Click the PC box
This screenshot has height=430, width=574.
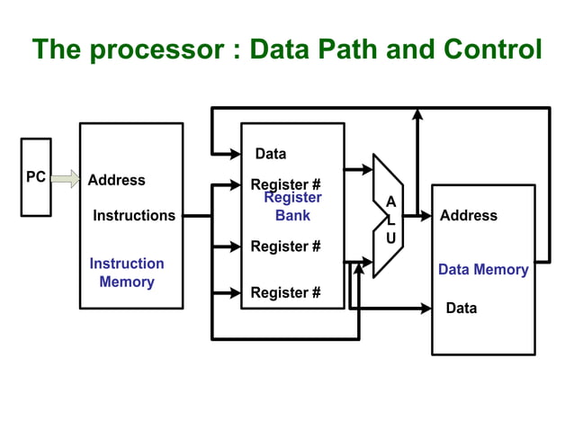coord(36,177)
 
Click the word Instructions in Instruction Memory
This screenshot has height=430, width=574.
coord(134,216)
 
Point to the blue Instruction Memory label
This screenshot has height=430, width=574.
coord(127,273)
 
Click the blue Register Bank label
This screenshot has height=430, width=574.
coord(292,207)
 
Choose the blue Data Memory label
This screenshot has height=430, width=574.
coord(483,270)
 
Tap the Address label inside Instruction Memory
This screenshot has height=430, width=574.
coord(116,180)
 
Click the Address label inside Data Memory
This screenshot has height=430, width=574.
coord(468,216)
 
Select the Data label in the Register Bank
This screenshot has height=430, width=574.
coord(271,154)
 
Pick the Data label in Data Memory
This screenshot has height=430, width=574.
coord(462,309)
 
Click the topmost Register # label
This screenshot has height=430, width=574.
coord(285,185)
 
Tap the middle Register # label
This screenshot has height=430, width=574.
coord(285,246)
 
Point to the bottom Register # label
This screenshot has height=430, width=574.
coord(285,292)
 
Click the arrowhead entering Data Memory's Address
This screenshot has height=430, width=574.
coord(426,216)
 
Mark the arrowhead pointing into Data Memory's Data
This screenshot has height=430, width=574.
coord(426,309)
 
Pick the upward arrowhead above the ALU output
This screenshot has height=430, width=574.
coord(417,114)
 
